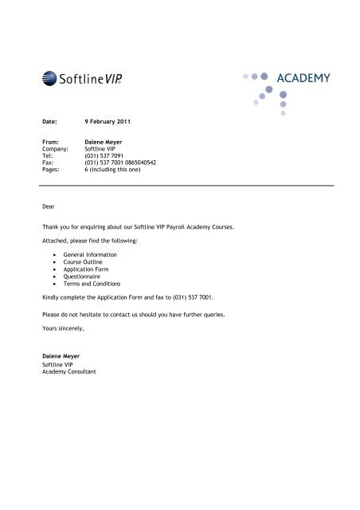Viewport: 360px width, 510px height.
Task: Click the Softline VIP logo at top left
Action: click(x=79, y=77)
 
